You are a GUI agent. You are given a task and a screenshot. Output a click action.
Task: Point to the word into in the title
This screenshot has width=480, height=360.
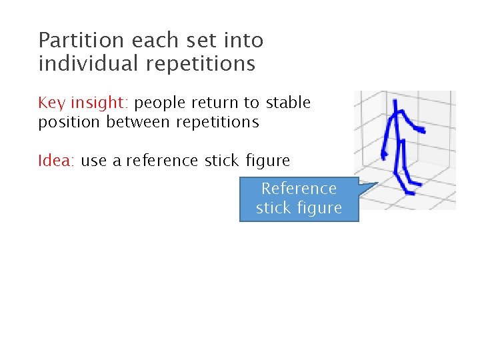[245, 41]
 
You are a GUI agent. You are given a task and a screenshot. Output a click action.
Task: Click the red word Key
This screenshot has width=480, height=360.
[51, 103]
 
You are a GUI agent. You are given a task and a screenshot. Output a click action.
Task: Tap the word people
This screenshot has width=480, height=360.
[162, 103]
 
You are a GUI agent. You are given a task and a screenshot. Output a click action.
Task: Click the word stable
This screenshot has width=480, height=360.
[288, 103]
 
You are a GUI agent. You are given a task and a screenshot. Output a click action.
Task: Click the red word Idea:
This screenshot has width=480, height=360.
[57, 161]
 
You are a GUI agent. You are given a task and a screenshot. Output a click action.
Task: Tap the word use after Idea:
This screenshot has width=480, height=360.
[95, 161]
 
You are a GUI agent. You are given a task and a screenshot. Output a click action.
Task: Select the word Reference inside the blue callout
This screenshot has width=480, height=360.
[299, 189]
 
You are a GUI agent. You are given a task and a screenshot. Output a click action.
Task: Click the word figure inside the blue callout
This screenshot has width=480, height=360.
[320, 208]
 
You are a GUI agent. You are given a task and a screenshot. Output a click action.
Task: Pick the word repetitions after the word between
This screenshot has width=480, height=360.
[217, 123]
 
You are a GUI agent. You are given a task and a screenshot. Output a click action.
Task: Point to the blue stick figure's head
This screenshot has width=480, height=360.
[396, 105]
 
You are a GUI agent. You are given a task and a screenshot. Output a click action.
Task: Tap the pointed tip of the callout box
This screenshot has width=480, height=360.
[377, 183]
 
